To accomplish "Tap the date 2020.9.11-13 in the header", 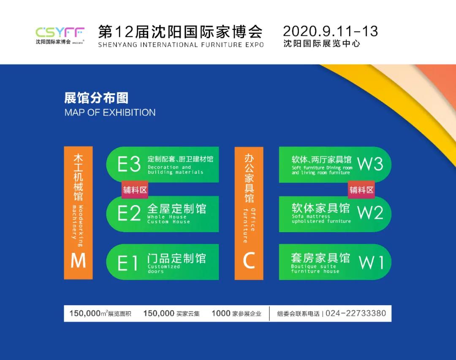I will tap(330, 31).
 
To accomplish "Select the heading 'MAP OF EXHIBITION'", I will tap(110, 113).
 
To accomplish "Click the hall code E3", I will tap(129, 165).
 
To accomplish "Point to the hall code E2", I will tap(129, 214).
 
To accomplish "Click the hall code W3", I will tap(370, 164).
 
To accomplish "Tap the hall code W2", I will tap(370, 213).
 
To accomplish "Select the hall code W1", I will tap(371, 263).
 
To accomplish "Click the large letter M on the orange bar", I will tap(78, 261).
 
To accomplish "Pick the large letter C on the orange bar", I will tap(249, 261).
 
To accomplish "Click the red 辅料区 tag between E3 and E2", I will tap(135, 189).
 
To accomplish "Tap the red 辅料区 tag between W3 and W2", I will tap(361, 189).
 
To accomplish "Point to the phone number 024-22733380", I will tap(356, 313).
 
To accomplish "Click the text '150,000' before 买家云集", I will tap(159, 313).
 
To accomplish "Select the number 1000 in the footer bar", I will tap(221, 313).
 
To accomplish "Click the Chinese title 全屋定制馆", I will tap(176, 208).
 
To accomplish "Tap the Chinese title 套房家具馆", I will tap(320, 257).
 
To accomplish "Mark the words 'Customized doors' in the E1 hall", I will tap(164, 269).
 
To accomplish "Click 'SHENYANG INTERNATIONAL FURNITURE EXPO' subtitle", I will tap(181, 45).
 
